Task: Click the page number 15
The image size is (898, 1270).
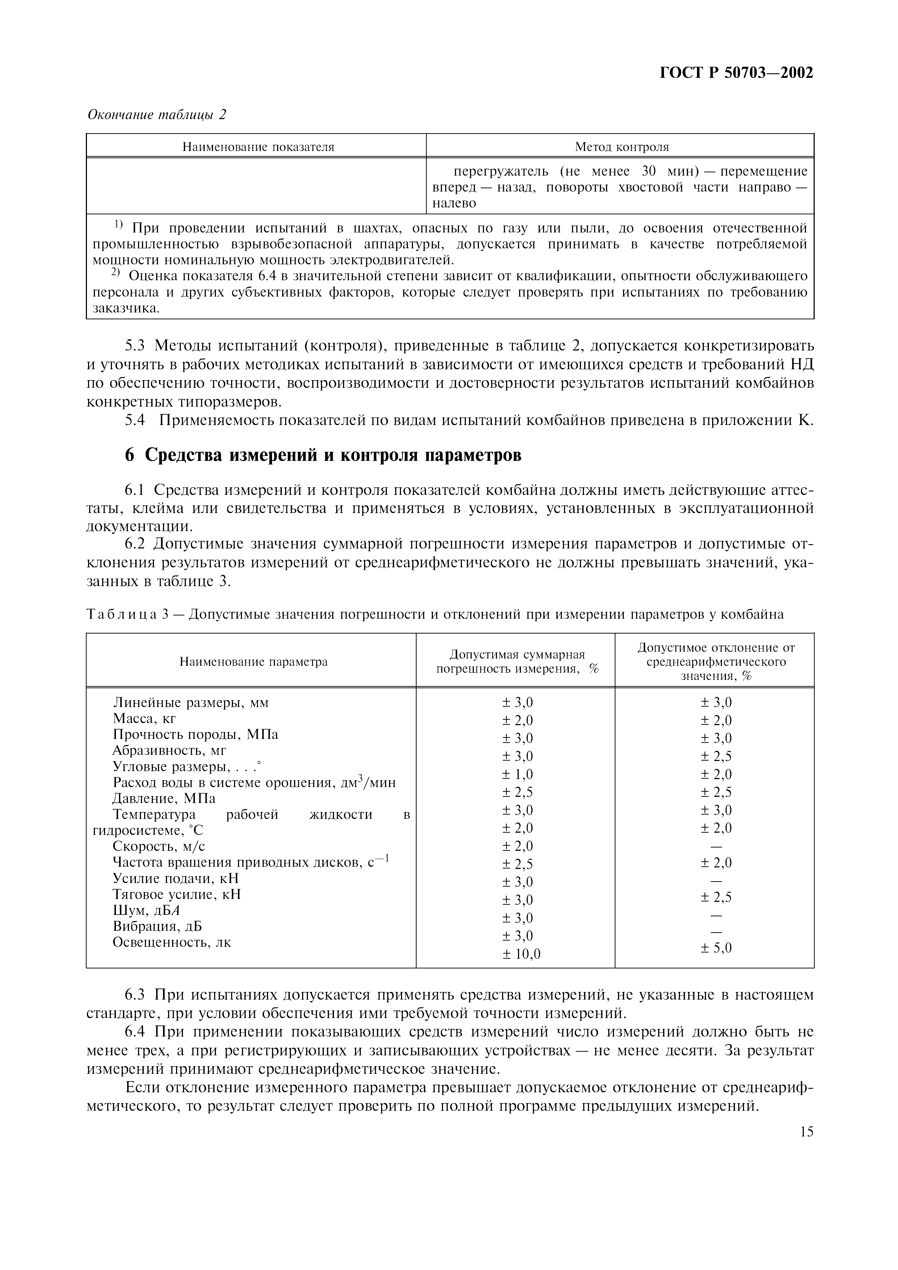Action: tap(806, 1132)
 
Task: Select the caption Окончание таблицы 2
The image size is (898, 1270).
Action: tap(157, 114)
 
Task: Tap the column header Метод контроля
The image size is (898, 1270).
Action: tap(621, 147)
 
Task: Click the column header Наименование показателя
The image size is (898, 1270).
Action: tap(258, 147)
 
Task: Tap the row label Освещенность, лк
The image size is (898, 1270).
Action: tap(171, 942)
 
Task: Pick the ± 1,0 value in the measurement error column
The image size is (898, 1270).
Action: tap(517, 774)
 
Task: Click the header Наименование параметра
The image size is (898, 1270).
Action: tap(254, 661)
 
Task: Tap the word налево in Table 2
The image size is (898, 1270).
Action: tap(454, 203)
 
